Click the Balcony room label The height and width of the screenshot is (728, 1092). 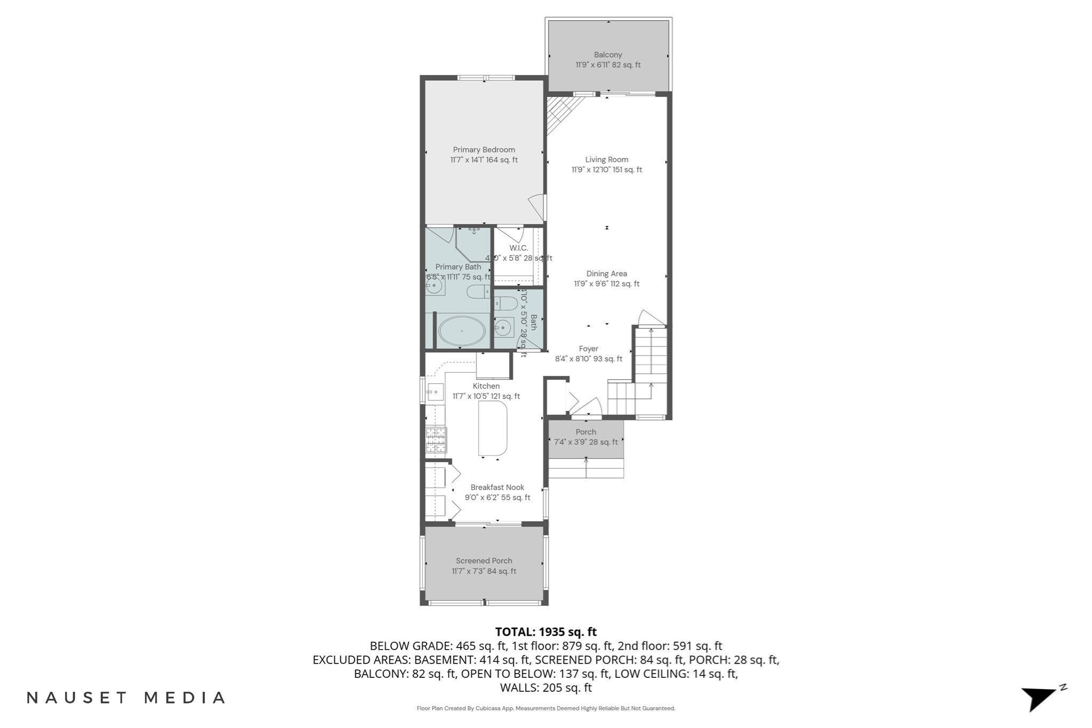(608, 55)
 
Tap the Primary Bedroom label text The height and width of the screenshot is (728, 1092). (484, 150)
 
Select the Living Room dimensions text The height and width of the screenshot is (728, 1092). (606, 170)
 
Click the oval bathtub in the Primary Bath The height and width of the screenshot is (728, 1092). (462, 331)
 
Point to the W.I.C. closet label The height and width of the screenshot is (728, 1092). (518, 248)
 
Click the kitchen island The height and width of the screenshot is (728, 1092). (493, 428)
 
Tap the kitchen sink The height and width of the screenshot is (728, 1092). (435, 392)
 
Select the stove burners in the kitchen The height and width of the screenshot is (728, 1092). (436, 440)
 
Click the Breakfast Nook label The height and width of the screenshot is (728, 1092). (497, 488)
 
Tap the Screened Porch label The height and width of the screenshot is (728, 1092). (484, 561)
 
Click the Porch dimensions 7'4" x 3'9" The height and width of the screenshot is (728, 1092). (585, 442)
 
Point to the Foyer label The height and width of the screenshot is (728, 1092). (589, 349)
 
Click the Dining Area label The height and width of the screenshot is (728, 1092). (606, 274)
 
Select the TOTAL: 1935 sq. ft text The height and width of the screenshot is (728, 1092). (545, 632)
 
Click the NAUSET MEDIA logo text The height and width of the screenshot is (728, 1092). (126, 698)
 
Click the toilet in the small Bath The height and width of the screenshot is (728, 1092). (506, 304)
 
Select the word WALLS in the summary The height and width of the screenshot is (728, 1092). (519, 688)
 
